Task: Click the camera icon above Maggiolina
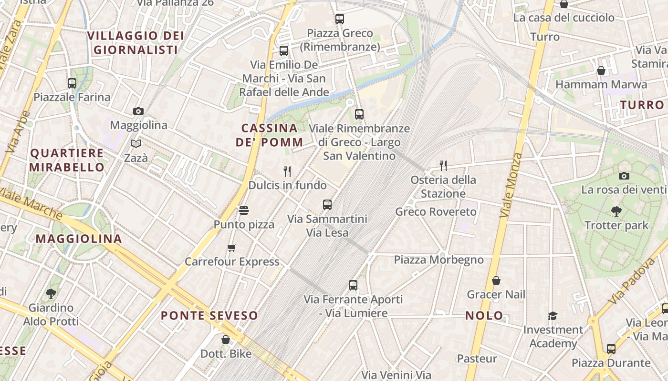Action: [138, 111]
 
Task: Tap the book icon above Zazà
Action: [136, 143]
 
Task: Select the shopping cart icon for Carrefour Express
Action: [232, 248]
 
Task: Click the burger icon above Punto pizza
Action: [244, 210]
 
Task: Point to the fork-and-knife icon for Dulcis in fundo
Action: [287, 171]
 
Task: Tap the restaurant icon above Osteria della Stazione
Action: [443, 165]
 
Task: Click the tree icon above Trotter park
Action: [616, 211]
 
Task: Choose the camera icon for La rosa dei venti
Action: [624, 176]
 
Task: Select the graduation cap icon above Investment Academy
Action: [553, 316]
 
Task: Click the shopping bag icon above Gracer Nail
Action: [496, 281]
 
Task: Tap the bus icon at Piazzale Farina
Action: [72, 83]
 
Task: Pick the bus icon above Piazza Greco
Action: [340, 19]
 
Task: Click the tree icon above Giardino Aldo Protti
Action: [51, 294]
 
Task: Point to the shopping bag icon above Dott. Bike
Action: [226, 340]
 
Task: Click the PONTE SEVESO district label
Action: [209, 315]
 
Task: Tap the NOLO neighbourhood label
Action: [484, 315]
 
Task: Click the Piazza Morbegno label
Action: [438, 260]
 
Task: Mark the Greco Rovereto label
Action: [436, 211]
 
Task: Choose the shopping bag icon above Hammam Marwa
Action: [601, 70]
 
